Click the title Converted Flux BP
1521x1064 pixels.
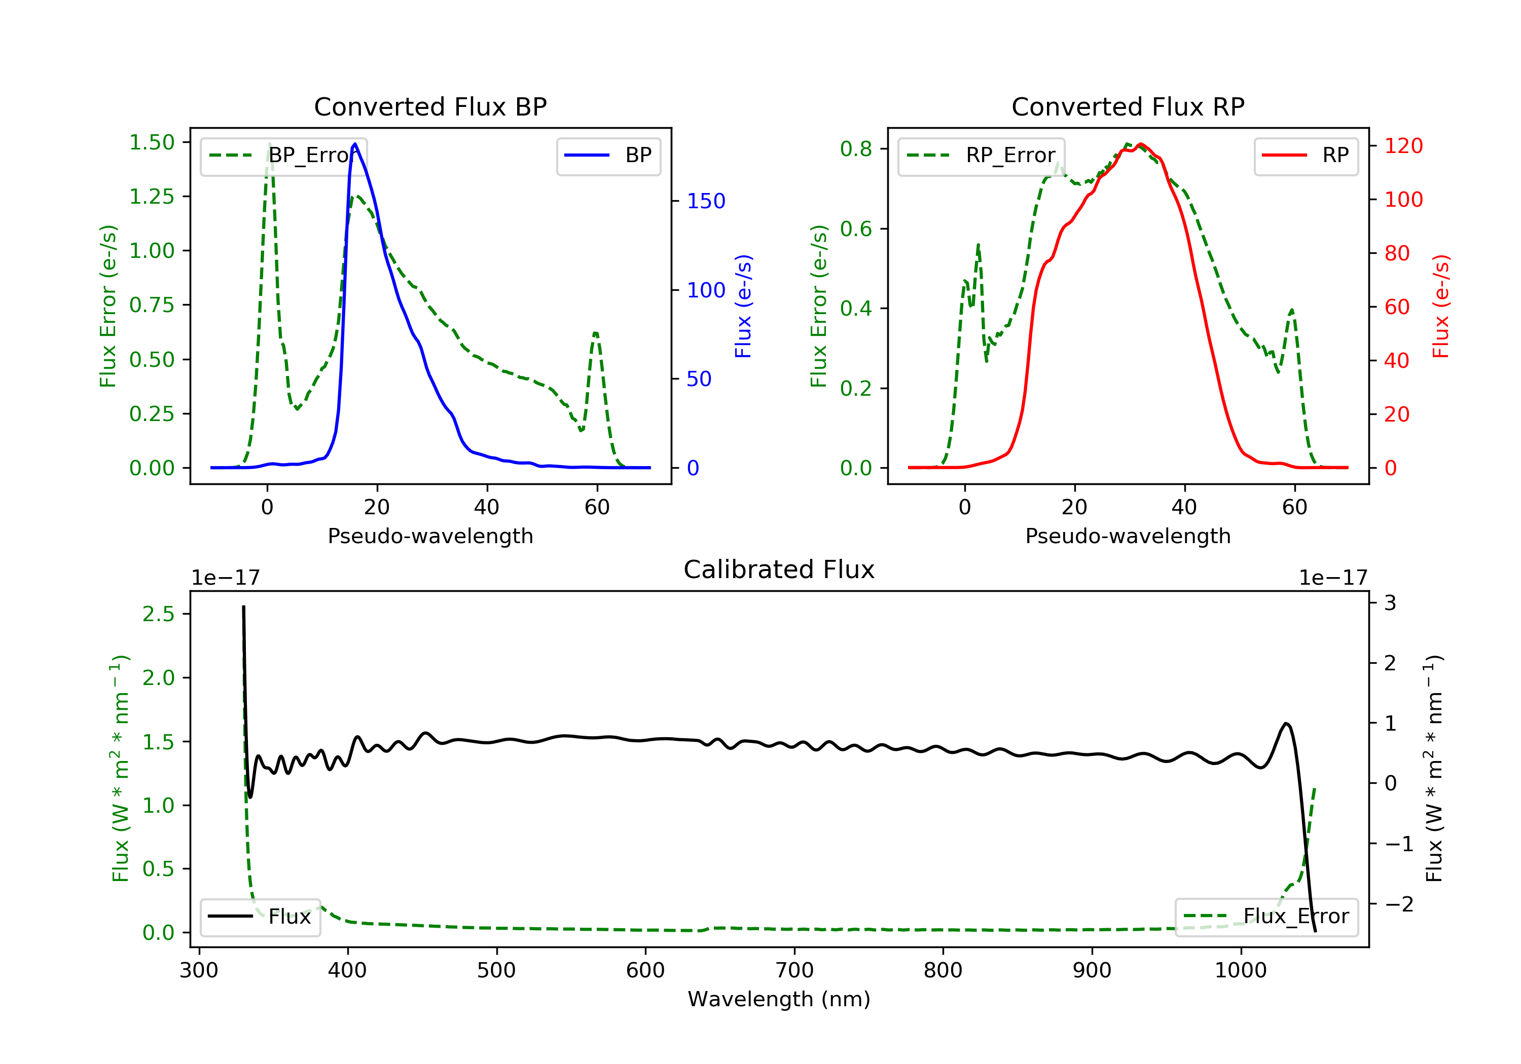point(430,106)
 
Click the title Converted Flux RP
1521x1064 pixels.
point(1128,106)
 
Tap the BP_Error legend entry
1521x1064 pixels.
point(283,156)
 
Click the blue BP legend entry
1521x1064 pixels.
point(608,156)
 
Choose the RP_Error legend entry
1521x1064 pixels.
point(981,156)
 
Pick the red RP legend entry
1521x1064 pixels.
point(1306,156)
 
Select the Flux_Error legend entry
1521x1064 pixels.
point(1266,917)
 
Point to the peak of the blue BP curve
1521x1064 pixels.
point(355,144)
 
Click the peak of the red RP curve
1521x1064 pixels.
point(1140,144)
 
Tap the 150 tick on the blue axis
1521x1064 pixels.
point(706,201)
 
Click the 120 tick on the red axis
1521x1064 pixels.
point(1403,145)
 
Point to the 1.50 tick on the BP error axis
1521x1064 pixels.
point(152,142)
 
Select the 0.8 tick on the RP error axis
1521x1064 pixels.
point(856,149)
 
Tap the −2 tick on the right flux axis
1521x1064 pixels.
point(1398,904)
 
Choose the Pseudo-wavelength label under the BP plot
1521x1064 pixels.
point(430,536)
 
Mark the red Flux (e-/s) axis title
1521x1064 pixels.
point(1440,306)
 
